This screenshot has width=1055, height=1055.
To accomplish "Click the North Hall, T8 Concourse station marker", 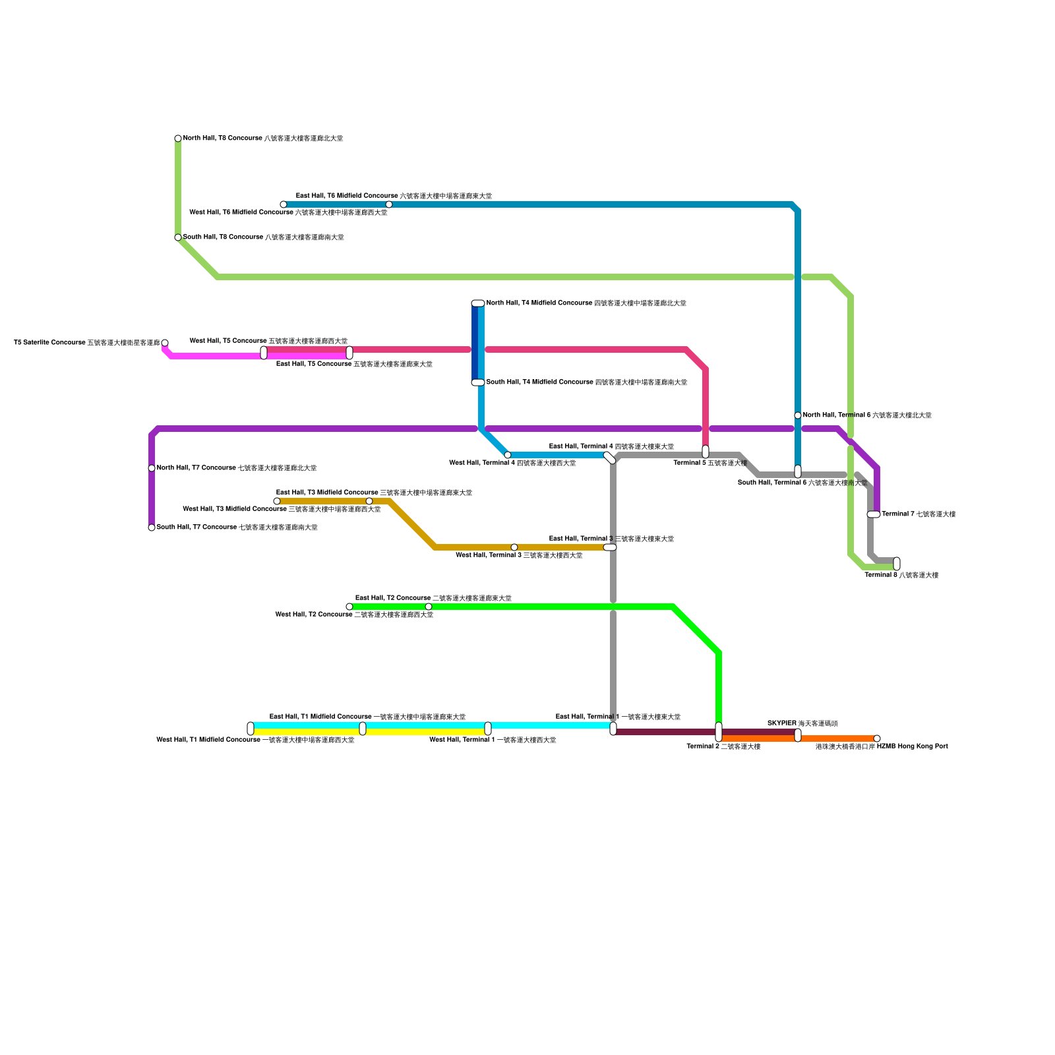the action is point(178,138).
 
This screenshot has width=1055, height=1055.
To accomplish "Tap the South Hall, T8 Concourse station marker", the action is point(178,237).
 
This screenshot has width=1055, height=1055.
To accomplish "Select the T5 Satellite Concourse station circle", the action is point(165,343).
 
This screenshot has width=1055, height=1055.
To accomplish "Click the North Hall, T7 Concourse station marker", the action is point(152,468).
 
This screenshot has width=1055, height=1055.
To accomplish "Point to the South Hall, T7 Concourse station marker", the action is point(152,527).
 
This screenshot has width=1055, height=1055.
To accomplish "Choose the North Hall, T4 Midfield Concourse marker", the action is point(478,303).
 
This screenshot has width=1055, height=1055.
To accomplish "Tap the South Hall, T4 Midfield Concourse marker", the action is point(478,382).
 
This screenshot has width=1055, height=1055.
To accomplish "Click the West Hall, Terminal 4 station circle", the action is point(508,455).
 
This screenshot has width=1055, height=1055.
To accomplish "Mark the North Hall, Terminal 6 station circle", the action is point(798,415).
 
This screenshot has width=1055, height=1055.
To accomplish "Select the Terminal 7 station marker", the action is point(874,514).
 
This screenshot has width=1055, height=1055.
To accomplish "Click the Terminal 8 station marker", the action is point(897,564).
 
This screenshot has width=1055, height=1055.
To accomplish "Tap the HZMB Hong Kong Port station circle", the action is point(877,738).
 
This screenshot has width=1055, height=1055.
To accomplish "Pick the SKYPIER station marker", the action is point(798,735).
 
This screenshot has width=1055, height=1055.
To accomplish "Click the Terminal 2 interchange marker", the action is point(719,732).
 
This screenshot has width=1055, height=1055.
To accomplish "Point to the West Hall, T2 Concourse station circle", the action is point(349,607).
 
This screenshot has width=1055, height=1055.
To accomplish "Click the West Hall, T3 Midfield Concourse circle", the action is point(277,501).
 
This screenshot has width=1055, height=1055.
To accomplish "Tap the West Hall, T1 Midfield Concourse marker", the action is point(251,729).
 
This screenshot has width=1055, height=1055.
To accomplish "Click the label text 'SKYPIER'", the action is point(782,723).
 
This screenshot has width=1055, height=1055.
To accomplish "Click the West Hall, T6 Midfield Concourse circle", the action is point(284,204).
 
